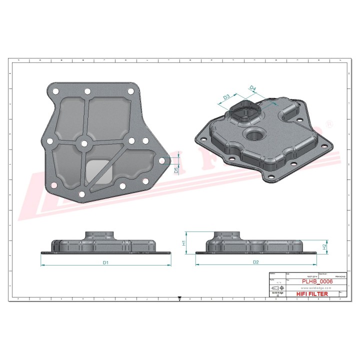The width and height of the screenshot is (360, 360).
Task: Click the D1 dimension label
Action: coord(105,262)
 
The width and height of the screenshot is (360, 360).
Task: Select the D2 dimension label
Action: coord(255,262)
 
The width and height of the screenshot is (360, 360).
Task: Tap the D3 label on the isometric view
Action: coord(226,96)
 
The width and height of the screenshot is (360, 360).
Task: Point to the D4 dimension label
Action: coord(252,88)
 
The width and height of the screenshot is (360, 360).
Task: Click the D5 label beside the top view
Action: coord(176,170)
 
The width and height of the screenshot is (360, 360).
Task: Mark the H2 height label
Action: coord(324,246)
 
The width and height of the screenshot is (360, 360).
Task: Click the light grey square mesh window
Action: coord(99,171)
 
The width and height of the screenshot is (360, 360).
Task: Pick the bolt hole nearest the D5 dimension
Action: coord(161,161)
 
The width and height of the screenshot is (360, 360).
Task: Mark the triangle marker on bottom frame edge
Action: coord(179,298)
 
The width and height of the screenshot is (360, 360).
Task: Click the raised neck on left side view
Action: coord(102,235)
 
